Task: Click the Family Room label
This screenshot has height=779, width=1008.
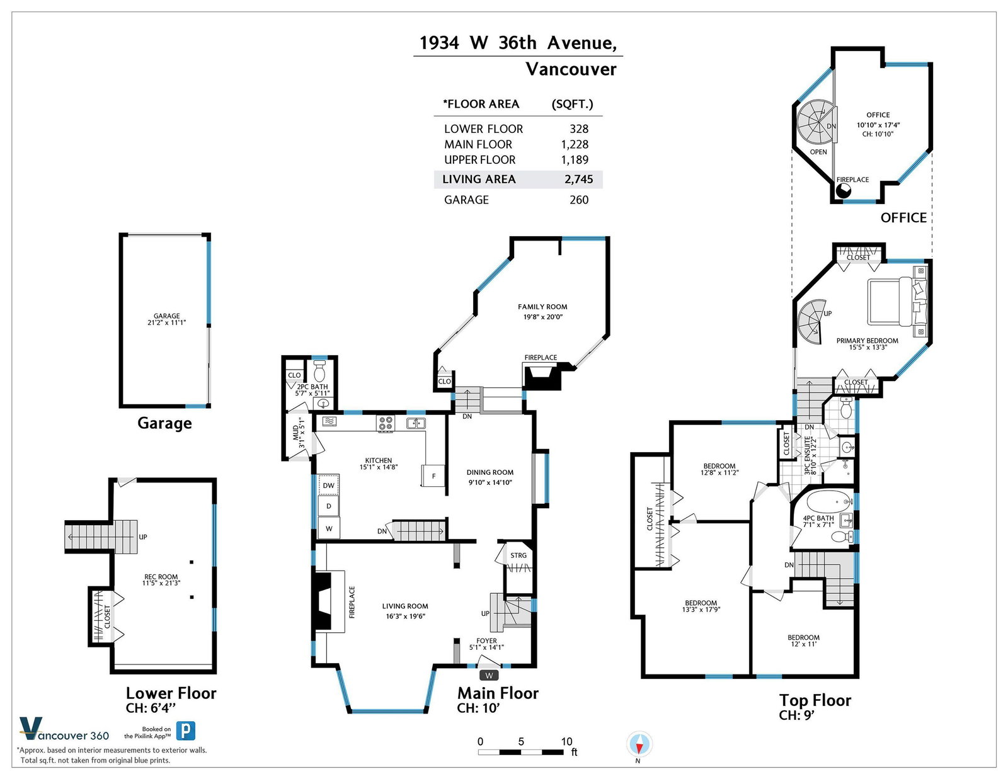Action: pyautogui.click(x=542, y=307)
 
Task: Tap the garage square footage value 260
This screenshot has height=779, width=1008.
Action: pyautogui.click(x=579, y=200)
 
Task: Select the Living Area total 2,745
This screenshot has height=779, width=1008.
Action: pyautogui.click(x=578, y=179)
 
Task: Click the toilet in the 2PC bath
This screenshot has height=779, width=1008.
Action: pyautogui.click(x=319, y=371)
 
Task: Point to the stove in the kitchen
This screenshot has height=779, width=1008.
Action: pyautogui.click(x=386, y=423)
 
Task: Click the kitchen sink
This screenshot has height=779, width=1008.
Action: pyautogui.click(x=416, y=423)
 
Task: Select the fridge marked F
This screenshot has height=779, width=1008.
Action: pyautogui.click(x=433, y=475)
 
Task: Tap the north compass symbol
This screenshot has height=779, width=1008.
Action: pyautogui.click(x=639, y=744)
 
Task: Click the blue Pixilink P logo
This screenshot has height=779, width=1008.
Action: pyautogui.click(x=186, y=731)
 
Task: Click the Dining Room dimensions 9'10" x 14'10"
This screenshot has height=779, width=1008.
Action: pyautogui.click(x=490, y=482)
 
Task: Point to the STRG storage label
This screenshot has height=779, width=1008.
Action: pyautogui.click(x=518, y=555)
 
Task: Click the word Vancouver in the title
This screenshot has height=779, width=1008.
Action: pyautogui.click(x=571, y=69)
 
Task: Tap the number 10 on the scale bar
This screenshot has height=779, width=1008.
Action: pyautogui.click(x=566, y=741)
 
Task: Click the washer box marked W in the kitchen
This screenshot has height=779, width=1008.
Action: pyautogui.click(x=328, y=528)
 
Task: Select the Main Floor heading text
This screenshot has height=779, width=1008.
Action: pyautogui.click(x=498, y=693)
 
